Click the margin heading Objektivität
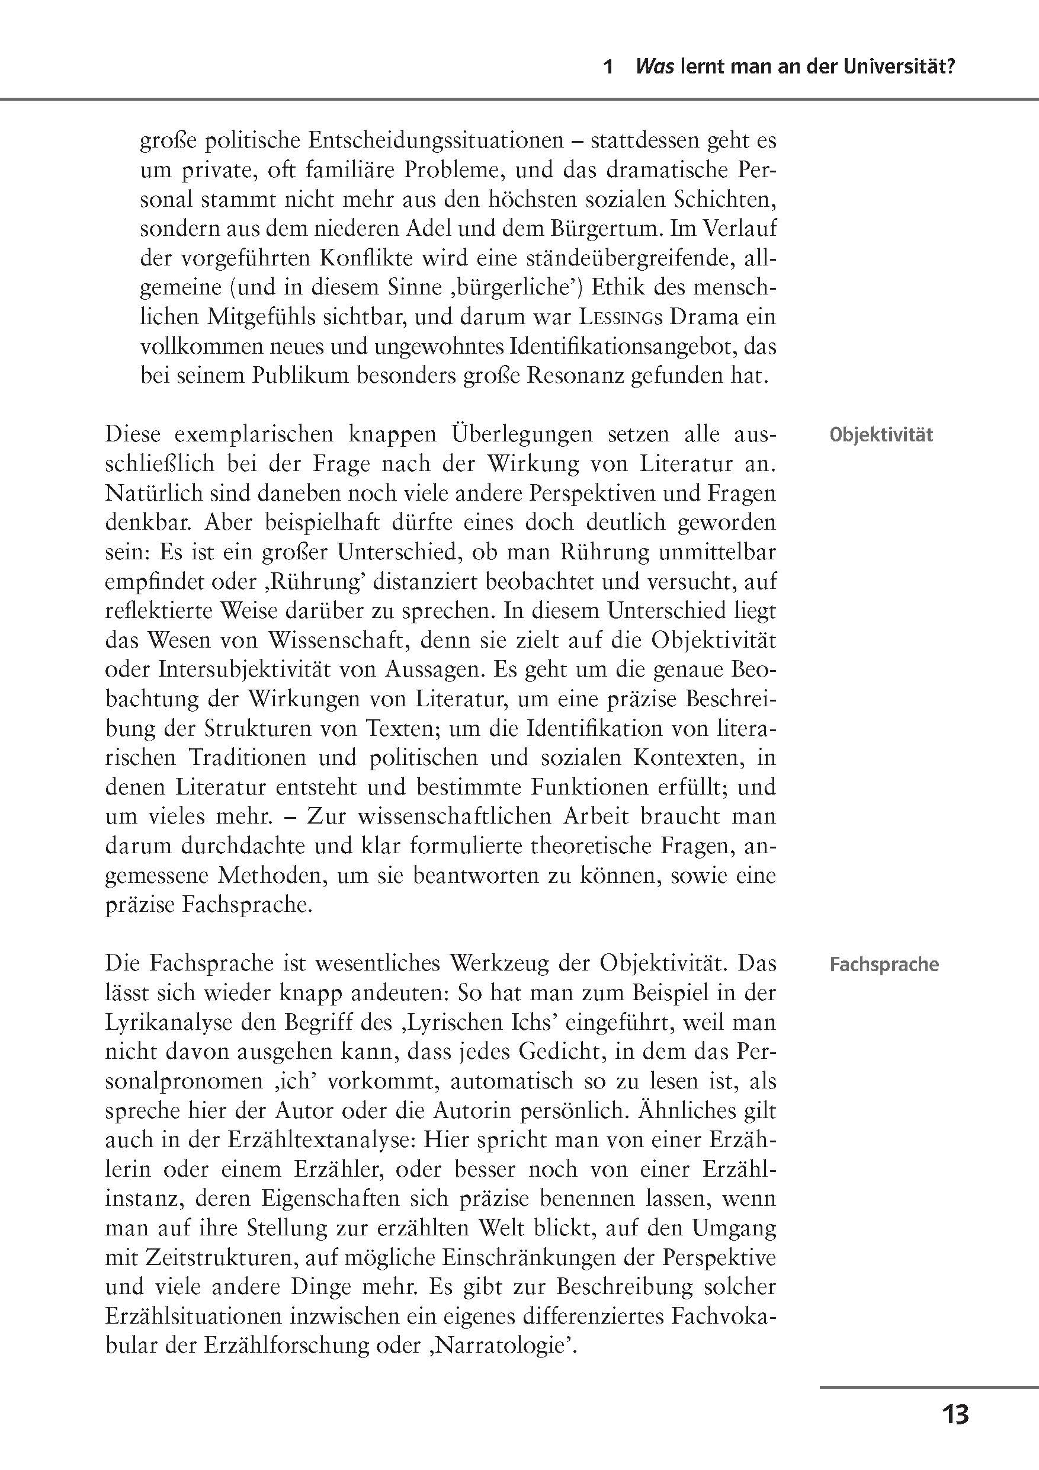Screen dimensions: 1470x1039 [881, 435]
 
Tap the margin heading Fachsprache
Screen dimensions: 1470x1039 [884, 965]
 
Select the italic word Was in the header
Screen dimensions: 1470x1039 [654, 67]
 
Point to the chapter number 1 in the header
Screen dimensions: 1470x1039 [609, 67]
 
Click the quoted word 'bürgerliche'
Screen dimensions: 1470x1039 [512, 288]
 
